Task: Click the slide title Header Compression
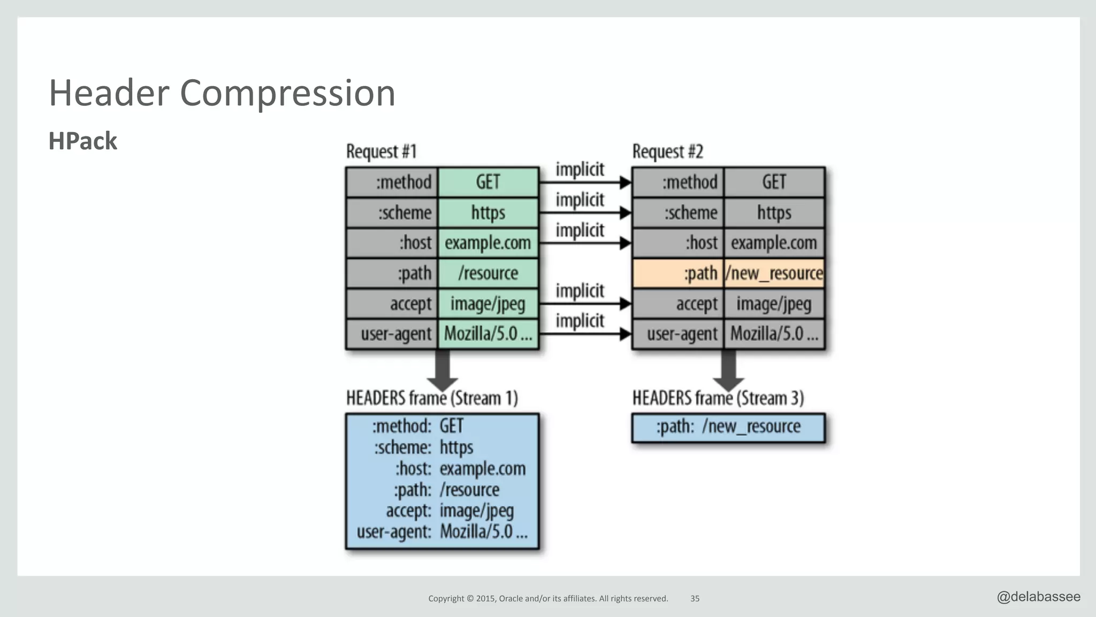point(222,93)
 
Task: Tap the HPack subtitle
point(82,141)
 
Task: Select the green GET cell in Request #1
point(488,182)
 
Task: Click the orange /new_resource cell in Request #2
point(774,273)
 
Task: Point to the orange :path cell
point(678,273)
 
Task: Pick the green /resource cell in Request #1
point(488,273)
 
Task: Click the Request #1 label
point(381,151)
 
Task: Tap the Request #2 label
point(667,151)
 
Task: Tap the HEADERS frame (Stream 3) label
point(718,398)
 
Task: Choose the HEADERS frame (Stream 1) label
point(432,398)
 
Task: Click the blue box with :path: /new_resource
point(728,428)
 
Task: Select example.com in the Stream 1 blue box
point(482,469)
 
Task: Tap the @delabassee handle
point(1038,597)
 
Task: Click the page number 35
point(695,599)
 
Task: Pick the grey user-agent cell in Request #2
point(678,334)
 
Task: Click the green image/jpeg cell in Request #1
point(488,304)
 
